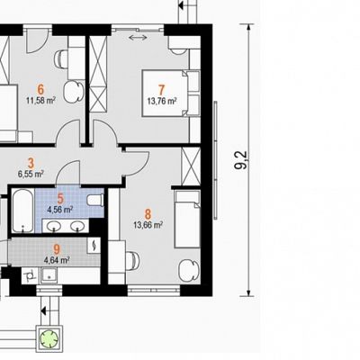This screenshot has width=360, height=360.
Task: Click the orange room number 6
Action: (x=40, y=89)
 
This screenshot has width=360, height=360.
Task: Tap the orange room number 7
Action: (x=161, y=90)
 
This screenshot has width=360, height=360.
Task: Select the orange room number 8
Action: (x=148, y=214)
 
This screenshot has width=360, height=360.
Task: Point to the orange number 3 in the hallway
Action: (x=31, y=164)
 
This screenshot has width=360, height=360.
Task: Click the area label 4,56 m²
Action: (x=60, y=210)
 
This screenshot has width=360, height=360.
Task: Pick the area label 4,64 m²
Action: (x=57, y=259)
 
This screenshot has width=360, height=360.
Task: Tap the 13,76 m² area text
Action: (x=162, y=101)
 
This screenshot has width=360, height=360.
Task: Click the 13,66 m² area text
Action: (x=148, y=225)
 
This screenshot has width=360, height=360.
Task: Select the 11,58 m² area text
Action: (x=40, y=100)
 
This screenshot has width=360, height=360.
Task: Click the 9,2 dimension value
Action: (x=242, y=160)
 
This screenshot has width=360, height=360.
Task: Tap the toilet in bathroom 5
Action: (x=95, y=200)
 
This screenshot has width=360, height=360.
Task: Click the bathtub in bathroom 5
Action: (x=22, y=211)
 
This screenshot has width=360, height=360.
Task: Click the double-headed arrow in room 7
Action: (x=138, y=37)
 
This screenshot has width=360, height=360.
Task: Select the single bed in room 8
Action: (x=187, y=220)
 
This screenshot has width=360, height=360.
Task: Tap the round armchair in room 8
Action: (x=189, y=270)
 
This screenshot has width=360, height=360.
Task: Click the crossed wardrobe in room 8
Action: (x=191, y=166)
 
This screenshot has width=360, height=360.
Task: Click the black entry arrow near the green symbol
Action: (x=44, y=310)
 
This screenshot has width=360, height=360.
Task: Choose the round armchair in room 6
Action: (x=73, y=92)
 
